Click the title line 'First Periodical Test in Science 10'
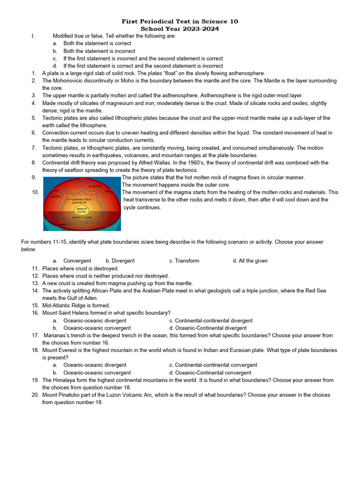tap(180, 22)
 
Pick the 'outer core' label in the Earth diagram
tap(82, 217)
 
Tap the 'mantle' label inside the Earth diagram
tap(95, 186)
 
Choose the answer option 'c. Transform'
tap(184, 261)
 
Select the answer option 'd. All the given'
tap(250, 261)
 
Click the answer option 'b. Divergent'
tap(120, 261)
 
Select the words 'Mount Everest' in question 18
tap(59, 350)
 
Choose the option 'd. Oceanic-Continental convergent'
tap(210, 373)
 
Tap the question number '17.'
tap(35, 335)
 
